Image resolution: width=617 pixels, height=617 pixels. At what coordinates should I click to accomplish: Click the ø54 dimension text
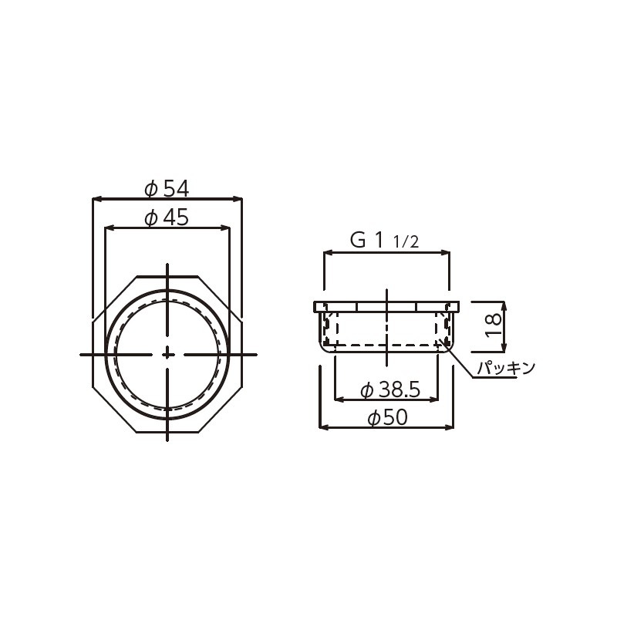click(167, 187)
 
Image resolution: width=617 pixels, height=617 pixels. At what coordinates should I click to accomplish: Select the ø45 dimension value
click(167, 217)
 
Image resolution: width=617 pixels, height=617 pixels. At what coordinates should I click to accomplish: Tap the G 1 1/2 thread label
click(384, 241)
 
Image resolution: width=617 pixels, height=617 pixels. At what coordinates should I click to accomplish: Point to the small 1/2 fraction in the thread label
click(406, 243)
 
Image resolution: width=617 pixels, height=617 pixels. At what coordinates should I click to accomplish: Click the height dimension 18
click(494, 325)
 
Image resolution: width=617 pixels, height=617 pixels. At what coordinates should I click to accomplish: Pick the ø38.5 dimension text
click(389, 391)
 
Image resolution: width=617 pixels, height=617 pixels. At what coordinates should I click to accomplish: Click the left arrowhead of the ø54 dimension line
click(96, 199)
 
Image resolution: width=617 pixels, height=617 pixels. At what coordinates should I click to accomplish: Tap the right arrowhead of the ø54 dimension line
click(238, 199)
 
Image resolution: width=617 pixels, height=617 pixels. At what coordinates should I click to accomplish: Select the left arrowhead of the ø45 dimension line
click(109, 228)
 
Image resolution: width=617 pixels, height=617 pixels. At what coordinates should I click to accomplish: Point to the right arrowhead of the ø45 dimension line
click(227, 228)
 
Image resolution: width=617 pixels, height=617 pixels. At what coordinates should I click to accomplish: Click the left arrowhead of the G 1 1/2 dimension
click(327, 251)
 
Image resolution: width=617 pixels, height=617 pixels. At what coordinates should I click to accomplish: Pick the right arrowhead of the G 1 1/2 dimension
click(447, 251)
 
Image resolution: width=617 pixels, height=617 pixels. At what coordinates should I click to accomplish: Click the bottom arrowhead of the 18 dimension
click(505, 345)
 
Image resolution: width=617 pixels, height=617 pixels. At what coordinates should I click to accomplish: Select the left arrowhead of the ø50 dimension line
click(323, 426)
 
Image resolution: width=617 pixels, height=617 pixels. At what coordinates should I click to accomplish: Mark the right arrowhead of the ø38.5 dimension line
click(436, 400)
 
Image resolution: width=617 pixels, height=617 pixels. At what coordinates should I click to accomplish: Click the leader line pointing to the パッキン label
click(461, 362)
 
